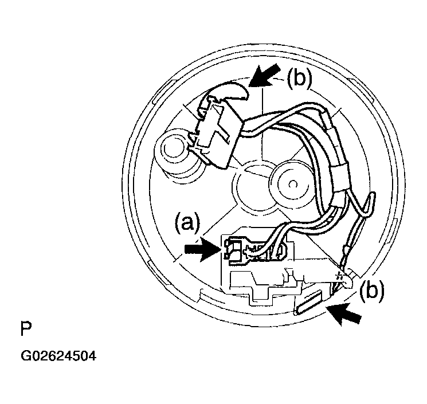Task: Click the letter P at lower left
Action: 26,329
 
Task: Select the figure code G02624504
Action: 58,356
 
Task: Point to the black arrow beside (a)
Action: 202,249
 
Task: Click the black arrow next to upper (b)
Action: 264,76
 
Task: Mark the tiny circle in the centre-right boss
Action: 292,185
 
